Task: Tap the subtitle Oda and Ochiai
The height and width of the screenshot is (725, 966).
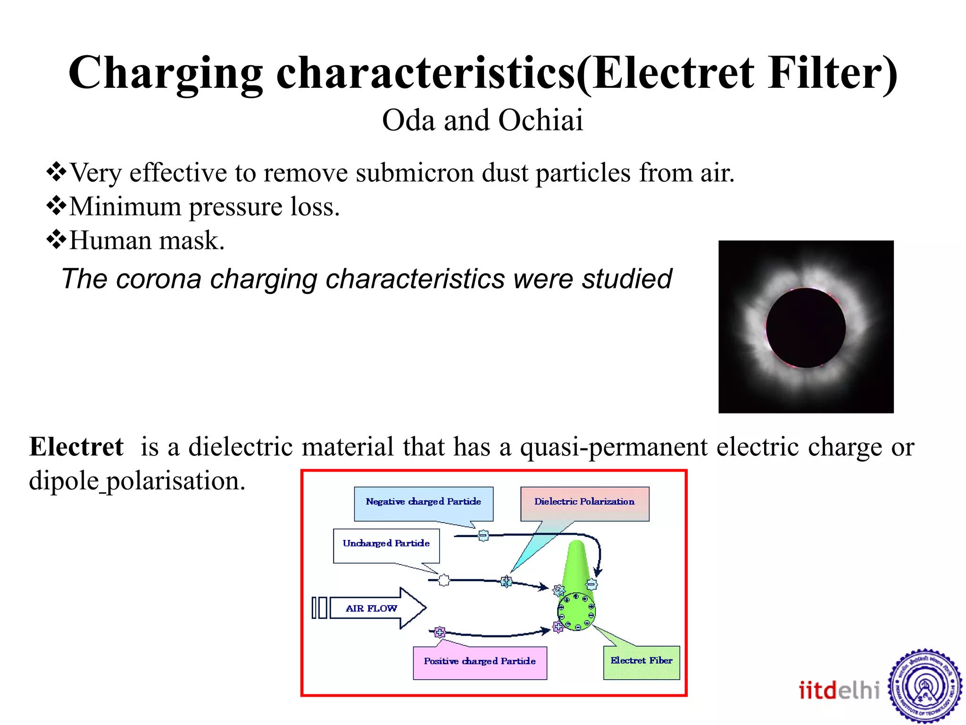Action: pyautogui.click(x=483, y=120)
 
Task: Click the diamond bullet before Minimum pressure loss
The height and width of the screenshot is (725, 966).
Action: pyautogui.click(x=56, y=206)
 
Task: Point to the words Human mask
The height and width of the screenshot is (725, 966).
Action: pyautogui.click(x=147, y=241)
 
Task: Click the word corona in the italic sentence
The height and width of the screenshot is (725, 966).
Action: pyautogui.click(x=158, y=279)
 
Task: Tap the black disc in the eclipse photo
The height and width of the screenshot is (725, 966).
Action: pyautogui.click(x=806, y=328)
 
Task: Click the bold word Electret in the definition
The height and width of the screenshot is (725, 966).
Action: pyautogui.click(x=76, y=447)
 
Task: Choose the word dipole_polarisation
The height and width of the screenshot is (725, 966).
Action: pyautogui.click(x=137, y=481)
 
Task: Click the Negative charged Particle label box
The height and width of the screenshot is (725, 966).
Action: pyautogui.click(x=423, y=503)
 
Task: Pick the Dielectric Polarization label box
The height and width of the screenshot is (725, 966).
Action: pyautogui.click(x=584, y=503)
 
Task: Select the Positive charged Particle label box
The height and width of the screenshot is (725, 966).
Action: pyautogui.click(x=480, y=662)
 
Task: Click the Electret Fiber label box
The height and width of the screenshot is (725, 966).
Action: pyautogui.click(x=641, y=662)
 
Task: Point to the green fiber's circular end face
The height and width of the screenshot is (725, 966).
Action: pyautogui.click(x=576, y=612)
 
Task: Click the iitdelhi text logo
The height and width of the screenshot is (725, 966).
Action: pyautogui.click(x=839, y=690)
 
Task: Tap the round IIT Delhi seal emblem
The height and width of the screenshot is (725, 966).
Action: pyautogui.click(x=925, y=687)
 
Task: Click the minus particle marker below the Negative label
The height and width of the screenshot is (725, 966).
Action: pyautogui.click(x=483, y=536)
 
